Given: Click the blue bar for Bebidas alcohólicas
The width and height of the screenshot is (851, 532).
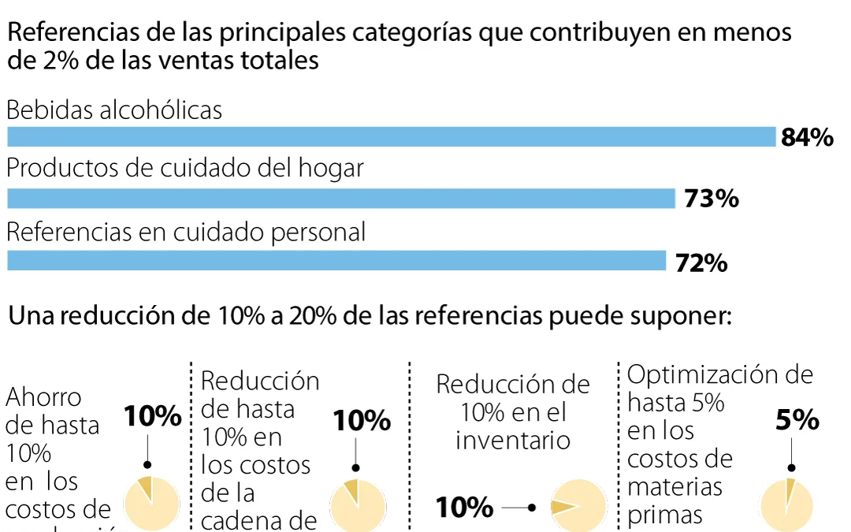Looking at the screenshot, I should coord(392,137).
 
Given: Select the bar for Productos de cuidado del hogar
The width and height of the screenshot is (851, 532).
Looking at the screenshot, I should coord(341,199).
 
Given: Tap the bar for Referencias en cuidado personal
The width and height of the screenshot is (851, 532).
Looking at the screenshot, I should coord(336,261).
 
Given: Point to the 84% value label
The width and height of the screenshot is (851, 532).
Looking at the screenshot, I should coord(807,138).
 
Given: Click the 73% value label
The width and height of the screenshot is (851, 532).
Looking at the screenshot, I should coord(711,199).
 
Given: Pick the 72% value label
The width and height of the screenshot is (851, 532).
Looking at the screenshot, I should coord(701,263).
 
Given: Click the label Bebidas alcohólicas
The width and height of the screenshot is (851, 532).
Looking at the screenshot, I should coord(114,110).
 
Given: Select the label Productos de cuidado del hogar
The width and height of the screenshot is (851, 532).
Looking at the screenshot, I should coord(185,169).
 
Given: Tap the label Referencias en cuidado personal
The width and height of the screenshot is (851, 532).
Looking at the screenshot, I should coord(186,232).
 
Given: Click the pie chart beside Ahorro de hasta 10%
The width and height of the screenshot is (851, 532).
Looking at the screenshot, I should coord(153,503).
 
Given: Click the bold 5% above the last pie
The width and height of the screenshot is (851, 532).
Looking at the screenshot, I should coord(797,422).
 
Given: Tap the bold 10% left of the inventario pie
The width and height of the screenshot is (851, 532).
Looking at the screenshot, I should coord(465,508).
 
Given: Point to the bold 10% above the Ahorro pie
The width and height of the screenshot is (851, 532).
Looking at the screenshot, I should coord(153,417).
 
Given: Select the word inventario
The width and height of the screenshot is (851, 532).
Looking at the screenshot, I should coord(513,440).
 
